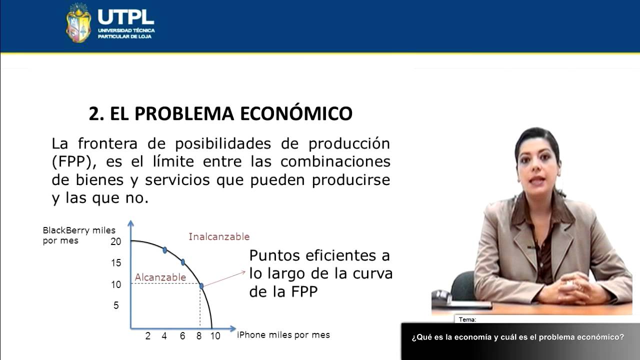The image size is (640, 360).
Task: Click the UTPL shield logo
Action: pyautogui.click(x=78, y=23)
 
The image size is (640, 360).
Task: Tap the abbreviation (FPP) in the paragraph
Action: pyautogui.click(x=74, y=162)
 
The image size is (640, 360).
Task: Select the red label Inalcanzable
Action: pyautogui.click(x=218, y=236)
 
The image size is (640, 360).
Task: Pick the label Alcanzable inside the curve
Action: pyautogui.click(x=160, y=277)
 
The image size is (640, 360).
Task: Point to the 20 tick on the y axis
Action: pyautogui.click(x=116, y=241)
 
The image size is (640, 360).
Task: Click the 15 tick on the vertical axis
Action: pyautogui.click(x=116, y=263)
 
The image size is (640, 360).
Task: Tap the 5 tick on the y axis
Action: pyautogui.click(x=116, y=305)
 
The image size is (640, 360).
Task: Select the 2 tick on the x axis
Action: pyautogui.click(x=148, y=336)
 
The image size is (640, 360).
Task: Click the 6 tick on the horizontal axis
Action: pyautogui.click(x=182, y=336)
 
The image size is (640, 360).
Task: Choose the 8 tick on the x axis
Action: pyautogui.click(x=199, y=336)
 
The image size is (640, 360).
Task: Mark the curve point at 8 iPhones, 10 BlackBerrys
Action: pyautogui.click(x=201, y=286)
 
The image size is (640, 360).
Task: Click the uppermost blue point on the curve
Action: pyautogui.click(x=165, y=249)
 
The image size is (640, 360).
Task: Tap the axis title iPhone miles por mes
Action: pyautogui.click(x=283, y=335)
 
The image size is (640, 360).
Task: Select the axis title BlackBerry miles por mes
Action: pyautogui.click(x=78, y=235)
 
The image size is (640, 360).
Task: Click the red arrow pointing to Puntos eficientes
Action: pyautogui.click(x=225, y=278)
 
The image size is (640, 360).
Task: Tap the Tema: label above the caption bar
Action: pyautogui.click(x=467, y=319)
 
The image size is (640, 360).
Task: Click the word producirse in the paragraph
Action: pyautogui.click(x=350, y=180)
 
